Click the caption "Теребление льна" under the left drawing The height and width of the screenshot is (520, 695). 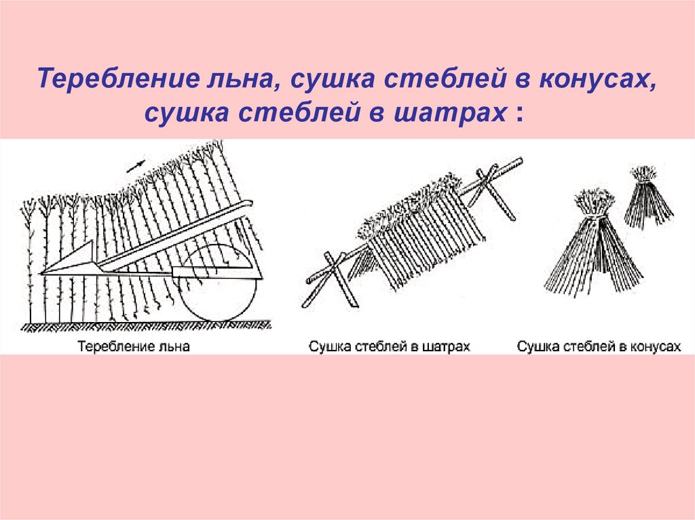(x=134, y=346)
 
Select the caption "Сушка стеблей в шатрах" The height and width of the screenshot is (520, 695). (x=389, y=346)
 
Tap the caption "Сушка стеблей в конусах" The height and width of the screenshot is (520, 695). (x=598, y=346)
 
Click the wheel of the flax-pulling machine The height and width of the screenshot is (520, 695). (x=221, y=283)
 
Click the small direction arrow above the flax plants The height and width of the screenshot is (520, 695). (x=136, y=165)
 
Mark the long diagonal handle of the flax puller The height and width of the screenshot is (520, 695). (x=176, y=234)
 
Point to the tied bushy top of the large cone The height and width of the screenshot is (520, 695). (x=595, y=201)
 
